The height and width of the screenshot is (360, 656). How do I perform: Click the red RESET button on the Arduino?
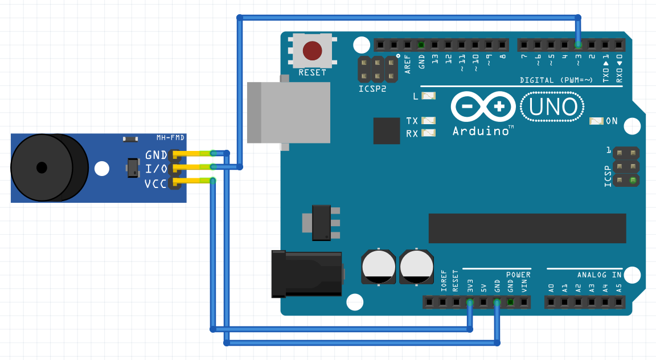click(x=311, y=51)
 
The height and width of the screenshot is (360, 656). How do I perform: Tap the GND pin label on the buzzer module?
click(x=156, y=155)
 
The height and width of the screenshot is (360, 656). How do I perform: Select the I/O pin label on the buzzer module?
click(x=156, y=169)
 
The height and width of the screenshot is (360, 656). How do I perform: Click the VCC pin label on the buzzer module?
click(x=155, y=183)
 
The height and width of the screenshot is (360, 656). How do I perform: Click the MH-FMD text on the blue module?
click(x=170, y=138)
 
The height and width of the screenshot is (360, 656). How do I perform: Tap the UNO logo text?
click(x=553, y=107)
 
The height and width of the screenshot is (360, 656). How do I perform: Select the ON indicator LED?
click(x=596, y=121)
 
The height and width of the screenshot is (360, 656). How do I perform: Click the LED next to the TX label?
click(x=429, y=121)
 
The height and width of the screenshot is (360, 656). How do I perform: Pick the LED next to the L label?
click(x=429, y=96)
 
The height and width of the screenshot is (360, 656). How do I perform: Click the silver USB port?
click(x=289, y=112)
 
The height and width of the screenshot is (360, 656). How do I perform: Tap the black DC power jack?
click(x=306, y=275)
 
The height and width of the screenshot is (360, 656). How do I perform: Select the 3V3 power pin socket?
click(x=470, y=302)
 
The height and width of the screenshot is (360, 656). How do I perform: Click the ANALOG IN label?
click(x=599, y=275)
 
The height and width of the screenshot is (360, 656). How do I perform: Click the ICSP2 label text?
click(x=372, y=89)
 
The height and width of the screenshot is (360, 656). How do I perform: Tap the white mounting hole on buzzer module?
click(x=101, y=169)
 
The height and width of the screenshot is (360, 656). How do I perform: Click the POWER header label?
click(x=518, y=275)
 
